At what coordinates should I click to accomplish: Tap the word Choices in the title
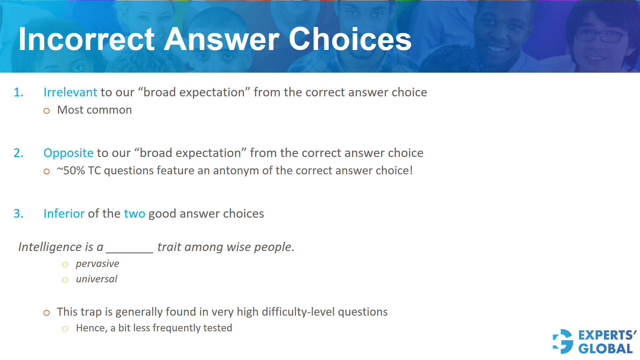tap(350, 39)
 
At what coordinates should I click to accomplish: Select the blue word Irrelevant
tap(70, 92)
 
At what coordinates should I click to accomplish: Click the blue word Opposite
tap(68, 153)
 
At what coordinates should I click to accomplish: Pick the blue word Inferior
tap(64, 214)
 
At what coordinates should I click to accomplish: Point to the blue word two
tap(134, 214)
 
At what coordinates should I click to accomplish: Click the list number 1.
tap(18, 92)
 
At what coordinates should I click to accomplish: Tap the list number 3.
tap(18, 214)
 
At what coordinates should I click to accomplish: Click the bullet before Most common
tap(47, 111)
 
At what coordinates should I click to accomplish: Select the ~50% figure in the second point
tap(71, 171)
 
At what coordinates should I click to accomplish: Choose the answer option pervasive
tap(97, 264)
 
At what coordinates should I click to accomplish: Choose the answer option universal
tap(97, 279)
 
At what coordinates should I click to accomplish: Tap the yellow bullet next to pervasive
tap(65, 265)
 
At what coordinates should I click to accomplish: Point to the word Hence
tap(92, 328)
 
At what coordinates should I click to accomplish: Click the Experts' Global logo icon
tap(563, 341)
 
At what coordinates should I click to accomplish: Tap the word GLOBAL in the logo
tap(605, 349)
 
